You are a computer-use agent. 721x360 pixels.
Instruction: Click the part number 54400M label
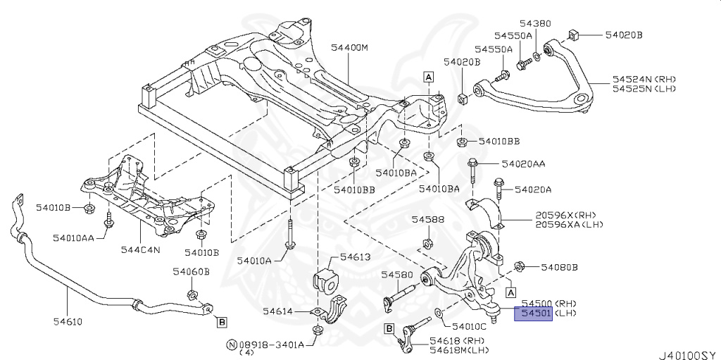[x=350, y=49]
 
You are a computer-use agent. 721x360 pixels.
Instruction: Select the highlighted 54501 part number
[x=534, y=312]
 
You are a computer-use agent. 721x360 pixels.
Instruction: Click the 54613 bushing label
[x=355, y=257]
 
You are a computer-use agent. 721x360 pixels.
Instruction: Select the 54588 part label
[x=428, y=220]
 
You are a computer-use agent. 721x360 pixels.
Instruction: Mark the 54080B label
[x=559, y=267]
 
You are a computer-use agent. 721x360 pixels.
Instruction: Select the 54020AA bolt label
[x=523, y=163]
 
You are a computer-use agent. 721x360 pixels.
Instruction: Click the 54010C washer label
[x=469, y=326]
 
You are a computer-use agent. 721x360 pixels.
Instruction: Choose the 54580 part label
[x=396, y=274]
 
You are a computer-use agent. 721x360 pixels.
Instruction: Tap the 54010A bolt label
[x=253, y=261]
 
